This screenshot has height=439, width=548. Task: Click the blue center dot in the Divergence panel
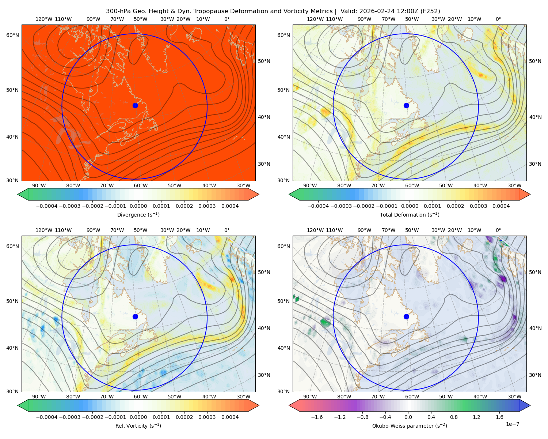point(135,105)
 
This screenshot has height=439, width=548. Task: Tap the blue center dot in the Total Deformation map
point(406,105)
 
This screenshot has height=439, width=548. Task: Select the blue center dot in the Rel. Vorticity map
point(135,316)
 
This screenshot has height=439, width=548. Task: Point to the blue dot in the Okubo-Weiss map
point(406,316)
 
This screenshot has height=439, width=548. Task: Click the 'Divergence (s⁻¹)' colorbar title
point(138,214)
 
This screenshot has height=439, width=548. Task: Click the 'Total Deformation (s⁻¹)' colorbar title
point(410,214)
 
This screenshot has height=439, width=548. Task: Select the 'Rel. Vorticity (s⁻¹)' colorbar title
point(138,426)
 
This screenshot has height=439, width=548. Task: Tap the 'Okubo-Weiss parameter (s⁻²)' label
point(410,426)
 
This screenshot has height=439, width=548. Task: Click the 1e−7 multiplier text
point(512,424)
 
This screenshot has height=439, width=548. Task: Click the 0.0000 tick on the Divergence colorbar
point(138,206)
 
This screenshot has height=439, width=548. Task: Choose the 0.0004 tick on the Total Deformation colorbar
point(501,206)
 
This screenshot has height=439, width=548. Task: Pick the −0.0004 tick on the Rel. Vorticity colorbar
point(47,417)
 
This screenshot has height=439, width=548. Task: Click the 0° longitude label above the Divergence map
point(227,19)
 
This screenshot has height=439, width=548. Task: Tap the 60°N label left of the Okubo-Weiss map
point(283,246)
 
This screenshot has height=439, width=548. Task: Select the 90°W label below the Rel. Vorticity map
point(39,397)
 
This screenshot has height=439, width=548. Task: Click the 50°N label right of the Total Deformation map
point(535,61)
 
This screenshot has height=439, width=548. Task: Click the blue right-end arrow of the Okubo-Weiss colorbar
point(525,405)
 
